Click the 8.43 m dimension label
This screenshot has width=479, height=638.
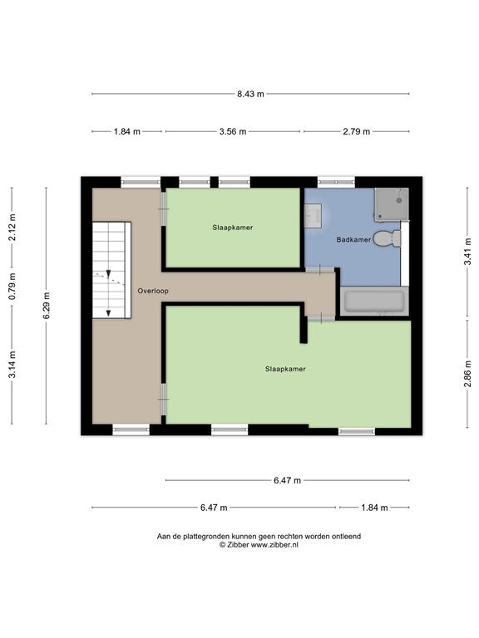(x=250, y=94)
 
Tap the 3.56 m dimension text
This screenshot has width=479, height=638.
(x=233, y=131)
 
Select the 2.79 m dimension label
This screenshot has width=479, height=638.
(x=357, y=131)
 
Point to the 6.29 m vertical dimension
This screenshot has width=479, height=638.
(x=47, y=306)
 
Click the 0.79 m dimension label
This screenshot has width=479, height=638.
(x=12, y=286)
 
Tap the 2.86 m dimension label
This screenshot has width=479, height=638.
(x=467, y=374)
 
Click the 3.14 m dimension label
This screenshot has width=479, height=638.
(x=12, y=364)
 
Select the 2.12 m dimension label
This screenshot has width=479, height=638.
(x=12, y=227)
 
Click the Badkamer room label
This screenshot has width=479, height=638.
(x=353, y=239)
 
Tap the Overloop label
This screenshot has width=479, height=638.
(x=153, y=291)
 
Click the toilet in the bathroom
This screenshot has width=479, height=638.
(x=387, y=238)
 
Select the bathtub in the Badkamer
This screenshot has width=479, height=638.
(x=374, y=301)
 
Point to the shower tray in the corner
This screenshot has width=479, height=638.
(x=392, y=204)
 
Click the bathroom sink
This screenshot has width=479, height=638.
(x=313, y=216)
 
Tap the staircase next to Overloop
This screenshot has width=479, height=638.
(x=111, y=270)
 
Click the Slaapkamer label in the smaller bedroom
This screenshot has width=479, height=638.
(x=233, y=228)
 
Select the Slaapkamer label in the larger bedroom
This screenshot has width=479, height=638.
(x=285, y=369)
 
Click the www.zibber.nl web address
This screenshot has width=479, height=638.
(x=274, y=545)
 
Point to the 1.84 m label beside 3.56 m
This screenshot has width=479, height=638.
(x=126, y=131)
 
